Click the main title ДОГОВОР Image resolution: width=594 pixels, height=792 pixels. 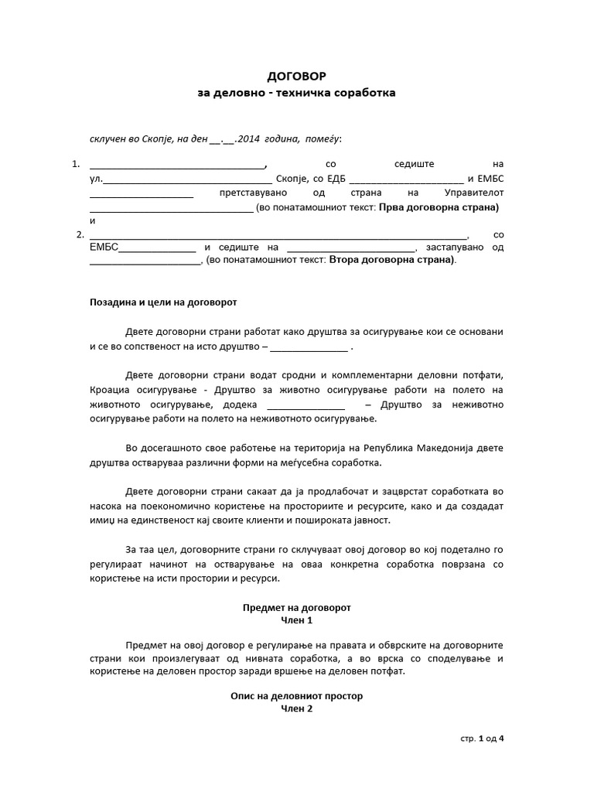pyautogui.click(x=296, y=77)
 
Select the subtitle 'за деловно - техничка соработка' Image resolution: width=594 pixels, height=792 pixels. pyautogui.click(x=296, y=93)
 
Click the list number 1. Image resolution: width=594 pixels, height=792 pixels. pyautogui.click(x=75, y=164)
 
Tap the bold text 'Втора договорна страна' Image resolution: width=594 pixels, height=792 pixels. pyautogui.click(x=391, y=260)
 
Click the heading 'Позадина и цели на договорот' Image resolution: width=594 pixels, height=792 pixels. pyautogui.click(x=163, y=302)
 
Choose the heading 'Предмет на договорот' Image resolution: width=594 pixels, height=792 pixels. pyautogui.click(x=296, y=608)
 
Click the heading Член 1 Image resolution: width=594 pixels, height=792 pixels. pyautogui.click(x=296, y=620)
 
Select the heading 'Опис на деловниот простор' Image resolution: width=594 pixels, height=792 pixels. pyautogui.click(x=296, y=696)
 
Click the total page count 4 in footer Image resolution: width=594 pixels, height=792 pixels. pyautogui.click(x=501, y=738)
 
